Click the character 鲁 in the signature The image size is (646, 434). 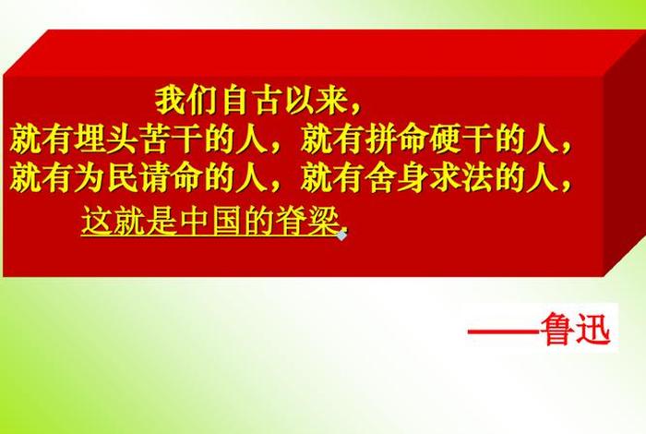pos(561,330)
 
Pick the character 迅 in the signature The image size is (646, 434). pos(596,330)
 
